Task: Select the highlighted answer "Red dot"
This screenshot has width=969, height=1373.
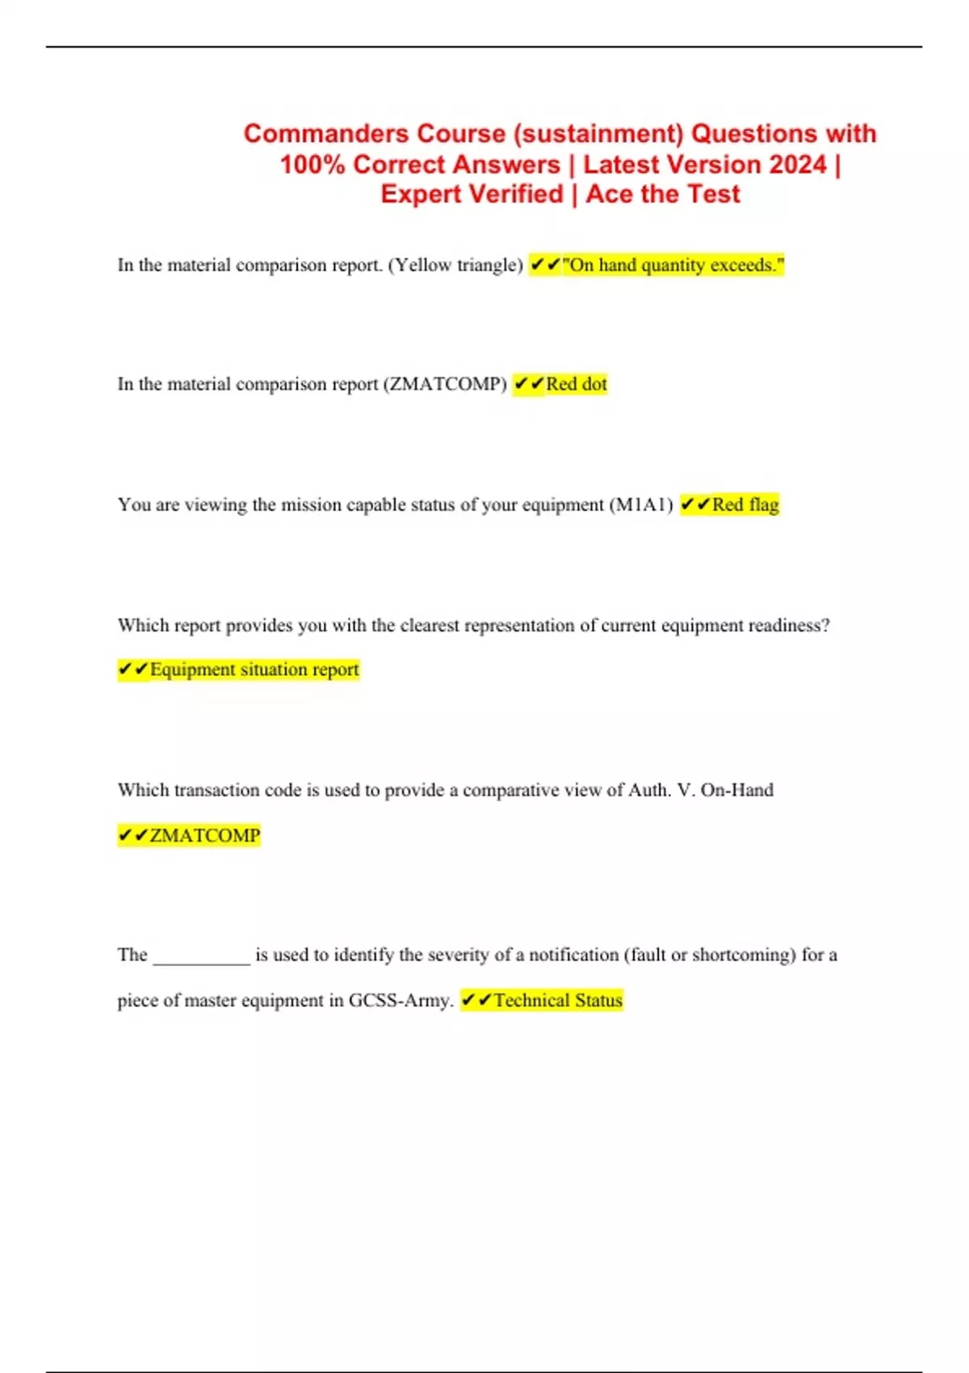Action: click(576, 384)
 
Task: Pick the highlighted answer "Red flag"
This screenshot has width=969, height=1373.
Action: click(745, 505)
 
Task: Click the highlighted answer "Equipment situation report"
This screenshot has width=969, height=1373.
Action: click(254, 670)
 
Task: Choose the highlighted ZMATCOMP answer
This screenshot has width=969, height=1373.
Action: click(204, 835)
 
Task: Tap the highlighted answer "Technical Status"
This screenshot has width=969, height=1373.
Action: click(557, 1001)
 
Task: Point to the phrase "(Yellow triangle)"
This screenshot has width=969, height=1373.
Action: click(455, 265)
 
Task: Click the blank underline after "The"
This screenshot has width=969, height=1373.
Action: click(202, 956)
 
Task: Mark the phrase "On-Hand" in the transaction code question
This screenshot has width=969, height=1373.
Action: click(736, 790)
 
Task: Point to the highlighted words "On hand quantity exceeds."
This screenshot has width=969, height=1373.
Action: click(673, 265)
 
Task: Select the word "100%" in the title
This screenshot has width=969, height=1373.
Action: click(313, 164)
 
